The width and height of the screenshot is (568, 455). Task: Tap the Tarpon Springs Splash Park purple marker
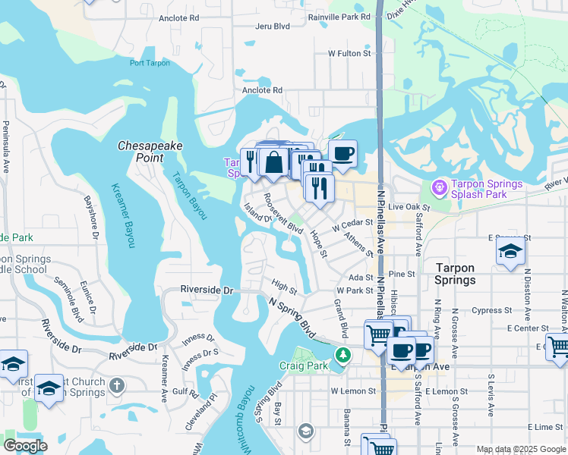438,187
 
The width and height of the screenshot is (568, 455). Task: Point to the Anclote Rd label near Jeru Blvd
178,17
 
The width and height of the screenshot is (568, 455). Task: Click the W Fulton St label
350,54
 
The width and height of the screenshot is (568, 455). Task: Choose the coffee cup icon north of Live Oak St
342,153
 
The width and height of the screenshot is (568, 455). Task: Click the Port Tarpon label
150,63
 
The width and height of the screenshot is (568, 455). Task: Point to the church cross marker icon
116,385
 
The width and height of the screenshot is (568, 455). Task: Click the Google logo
24,446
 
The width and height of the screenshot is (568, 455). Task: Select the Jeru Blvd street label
252,26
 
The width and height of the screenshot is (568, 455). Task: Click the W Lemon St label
354,391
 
